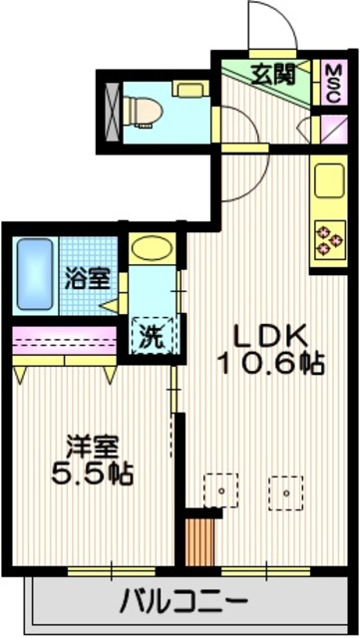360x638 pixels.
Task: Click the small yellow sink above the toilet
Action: [187, 90]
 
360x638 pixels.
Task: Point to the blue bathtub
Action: [34, 273]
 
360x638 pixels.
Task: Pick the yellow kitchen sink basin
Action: [327, 183]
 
